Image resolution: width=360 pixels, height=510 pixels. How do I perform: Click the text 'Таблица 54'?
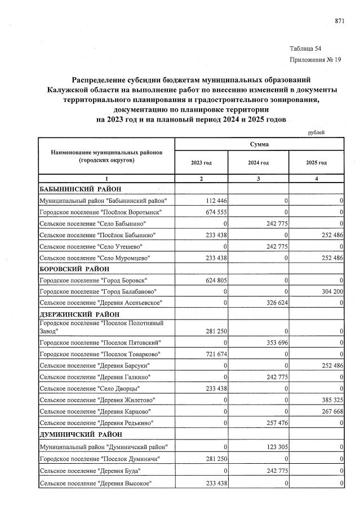tap(306, 48)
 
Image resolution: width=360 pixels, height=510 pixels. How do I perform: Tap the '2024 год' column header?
tap(259, 163)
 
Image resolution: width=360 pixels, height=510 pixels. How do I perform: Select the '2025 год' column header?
tap(316, 163)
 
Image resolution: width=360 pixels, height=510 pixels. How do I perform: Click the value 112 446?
tap(214, 201)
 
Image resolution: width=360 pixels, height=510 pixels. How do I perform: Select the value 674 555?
tap(214, 212)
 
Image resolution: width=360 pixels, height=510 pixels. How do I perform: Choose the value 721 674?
tap(214, 354)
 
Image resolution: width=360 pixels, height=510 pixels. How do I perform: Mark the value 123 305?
tap(272, 447)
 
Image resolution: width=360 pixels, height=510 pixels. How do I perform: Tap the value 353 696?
tap(272, 343)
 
